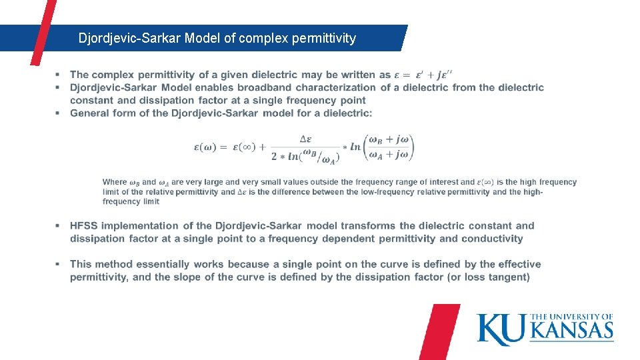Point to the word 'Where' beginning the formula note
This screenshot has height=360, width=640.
click(114, 182)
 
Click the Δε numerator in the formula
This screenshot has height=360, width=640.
click(305, 139)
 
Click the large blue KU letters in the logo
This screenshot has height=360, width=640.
click(501, 329)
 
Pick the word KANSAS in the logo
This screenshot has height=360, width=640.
click(571, 331)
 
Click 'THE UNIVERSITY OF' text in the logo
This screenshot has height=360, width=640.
click(572, 317)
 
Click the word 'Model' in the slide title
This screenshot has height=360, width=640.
click(203, 38)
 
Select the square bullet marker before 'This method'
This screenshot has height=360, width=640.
click(58, 265)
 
